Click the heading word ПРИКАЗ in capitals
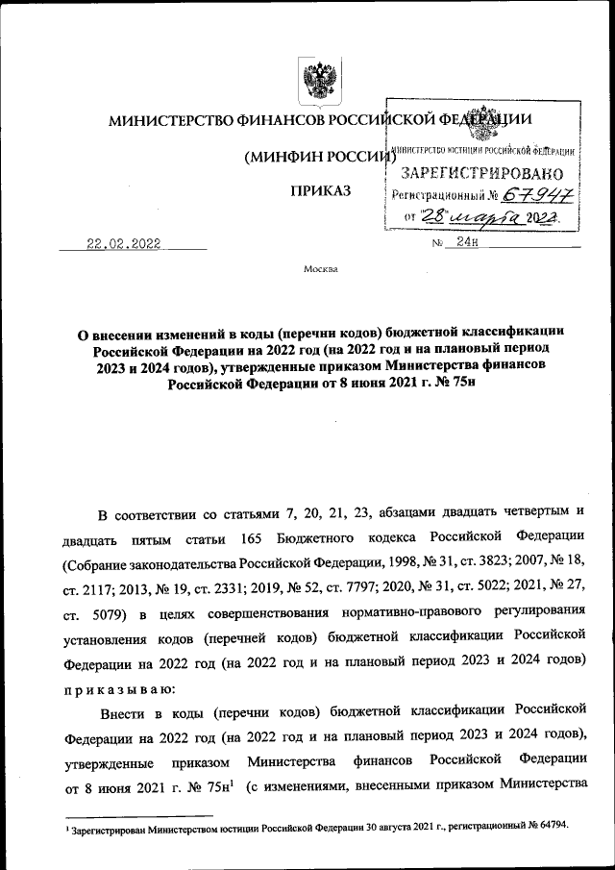click(321, 191)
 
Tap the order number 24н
click(468, 242)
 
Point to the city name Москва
click(320, 269)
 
